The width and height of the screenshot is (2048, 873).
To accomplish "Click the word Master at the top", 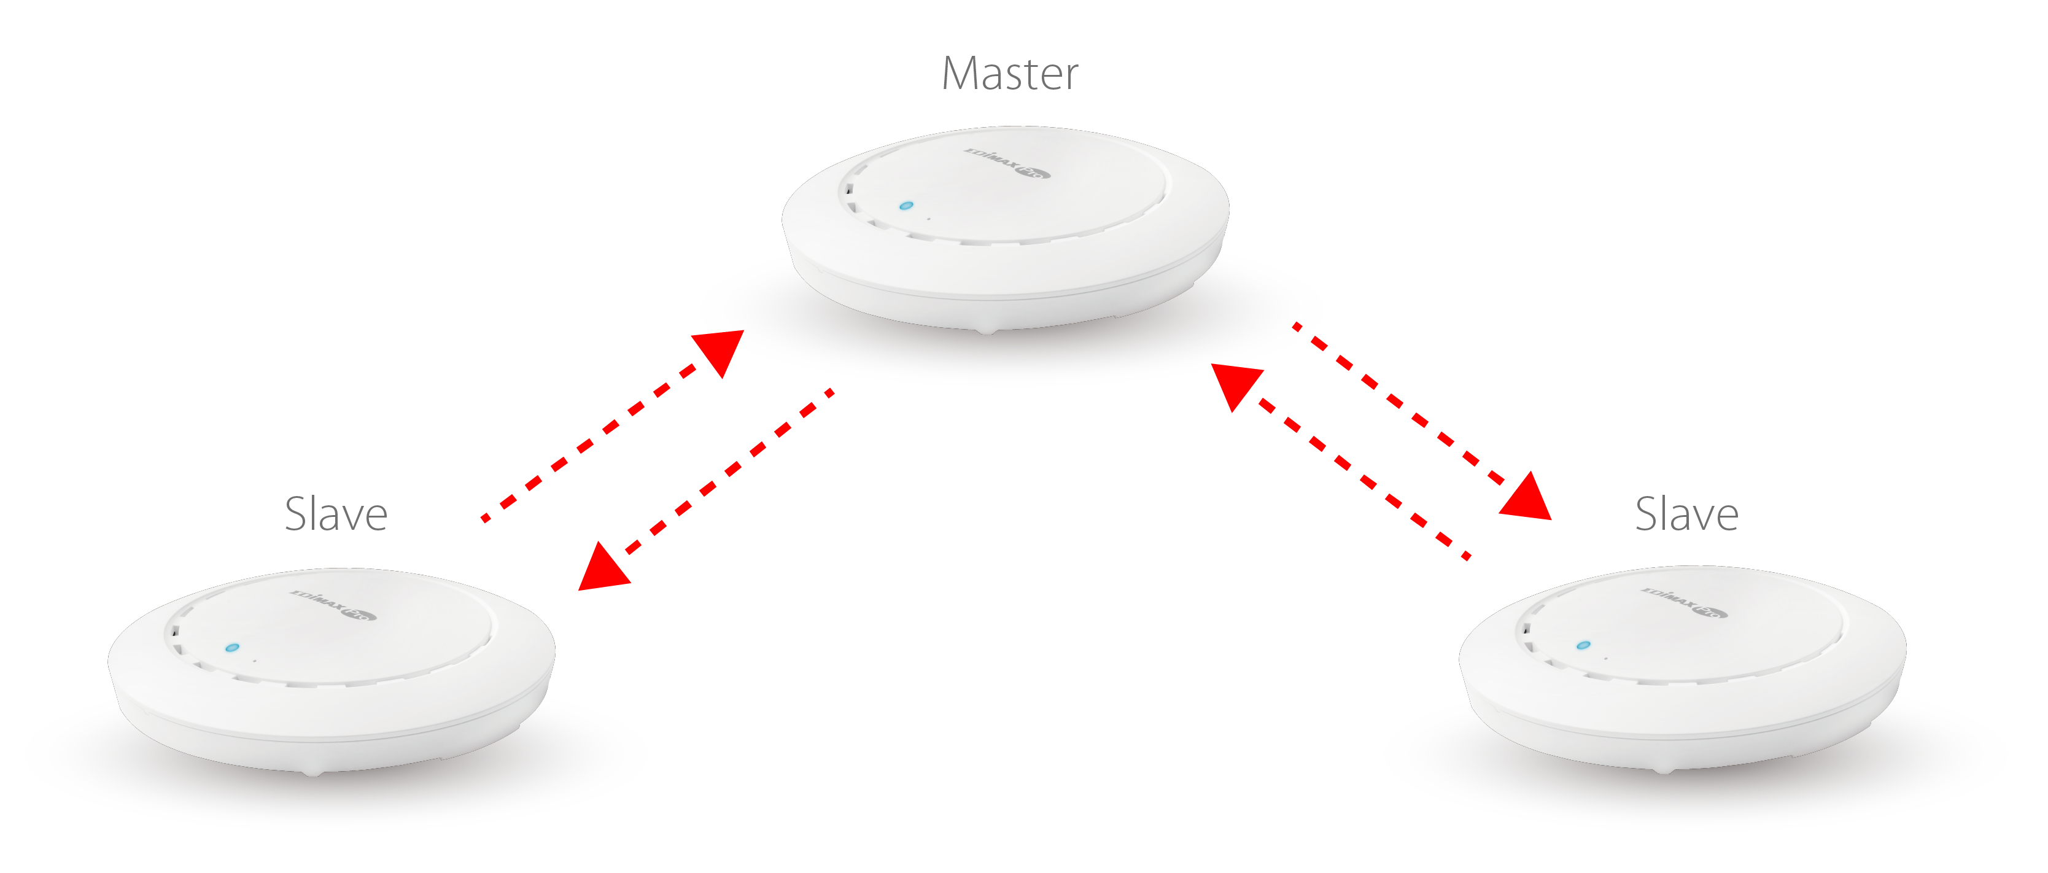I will pos(1010,74).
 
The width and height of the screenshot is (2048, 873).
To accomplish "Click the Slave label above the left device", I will pos(336,514).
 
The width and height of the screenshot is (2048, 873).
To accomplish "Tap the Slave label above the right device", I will pos(1686,514).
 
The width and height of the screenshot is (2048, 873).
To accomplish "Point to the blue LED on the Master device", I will pos(906,206).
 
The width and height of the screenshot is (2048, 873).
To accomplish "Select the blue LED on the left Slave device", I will pos(231,648).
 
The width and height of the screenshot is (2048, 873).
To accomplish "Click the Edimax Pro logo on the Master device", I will pos(1007,163).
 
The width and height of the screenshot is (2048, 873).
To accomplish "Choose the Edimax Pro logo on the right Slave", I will pos(1684,602).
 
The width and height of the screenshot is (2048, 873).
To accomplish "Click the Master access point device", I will pos(1005,231).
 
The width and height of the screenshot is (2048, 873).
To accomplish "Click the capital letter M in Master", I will pos(960,74).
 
